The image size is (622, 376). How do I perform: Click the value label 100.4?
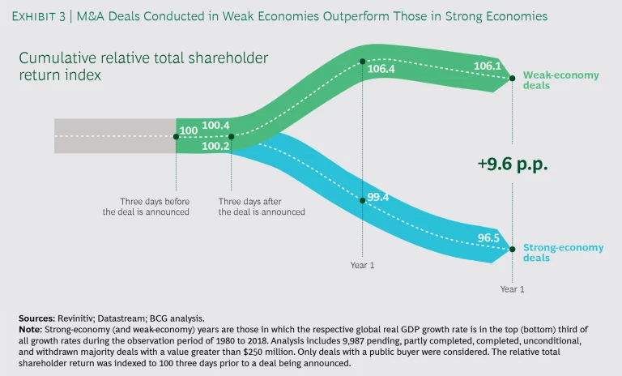coord(216,126)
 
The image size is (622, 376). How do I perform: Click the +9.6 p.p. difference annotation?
coord(513,164)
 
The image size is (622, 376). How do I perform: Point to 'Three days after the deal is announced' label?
coord(262,206)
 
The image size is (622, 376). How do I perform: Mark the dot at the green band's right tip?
coord(512,79)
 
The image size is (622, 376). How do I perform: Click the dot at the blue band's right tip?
coord(512,250)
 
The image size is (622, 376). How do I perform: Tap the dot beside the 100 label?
coord(176,137)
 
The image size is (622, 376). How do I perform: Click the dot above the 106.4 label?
coord(362,61)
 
